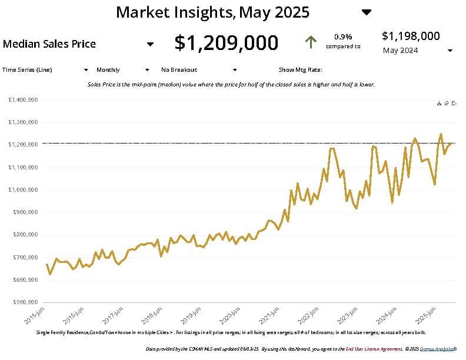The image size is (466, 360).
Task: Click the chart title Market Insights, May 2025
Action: point(212,12)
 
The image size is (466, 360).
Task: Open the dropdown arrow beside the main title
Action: point(367,12)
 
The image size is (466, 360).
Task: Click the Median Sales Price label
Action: point(49,44)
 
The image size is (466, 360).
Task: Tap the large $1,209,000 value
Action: point(227,43)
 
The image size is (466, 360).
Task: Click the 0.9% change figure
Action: point(343,36)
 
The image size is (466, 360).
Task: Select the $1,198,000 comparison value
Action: point(411,36)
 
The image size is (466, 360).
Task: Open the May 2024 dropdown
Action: point(450,51)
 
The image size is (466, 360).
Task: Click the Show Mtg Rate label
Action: point(300,69)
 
